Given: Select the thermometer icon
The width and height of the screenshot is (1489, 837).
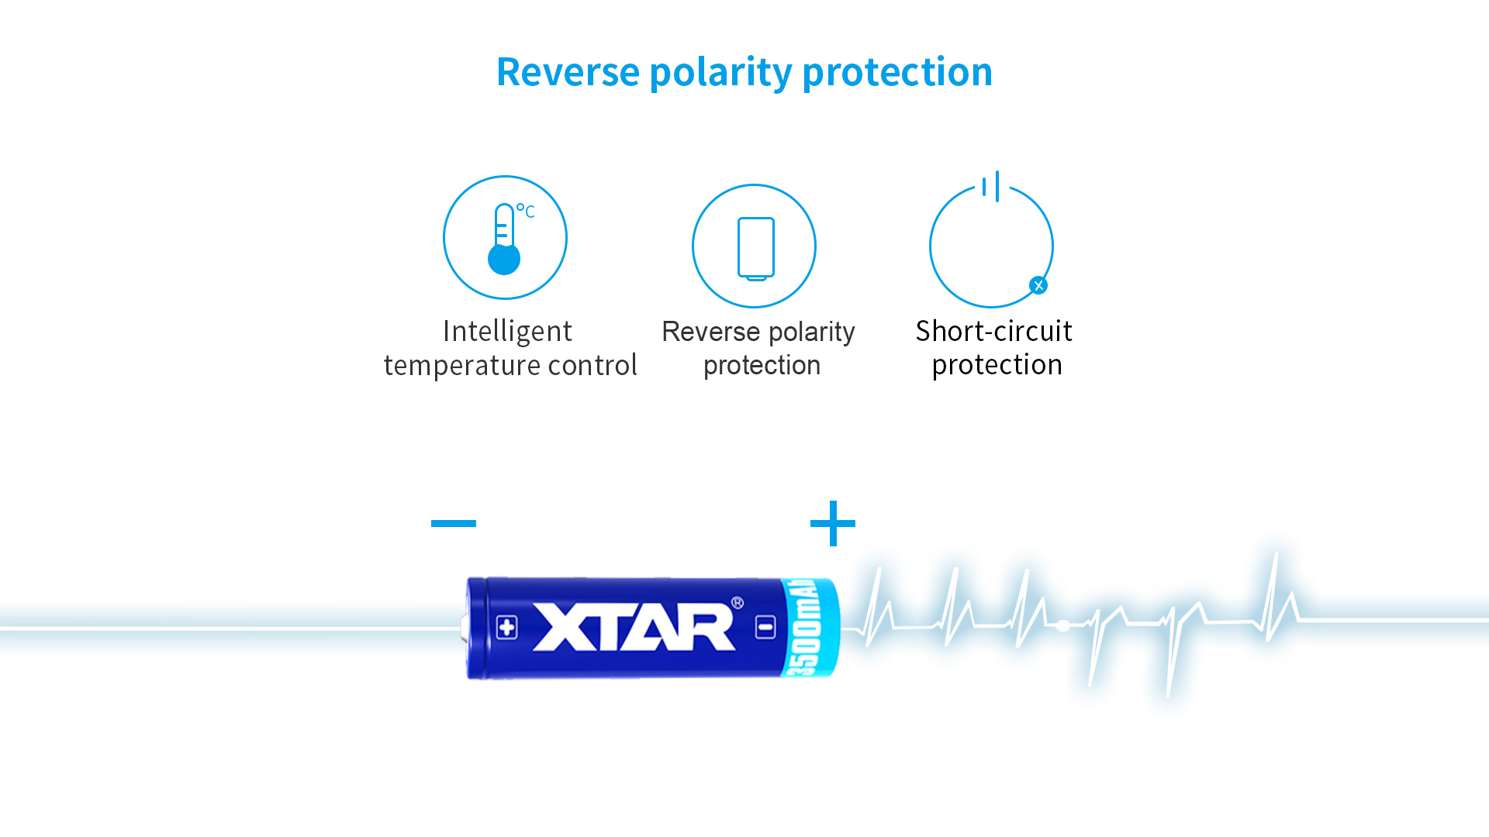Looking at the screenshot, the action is coord(504,239).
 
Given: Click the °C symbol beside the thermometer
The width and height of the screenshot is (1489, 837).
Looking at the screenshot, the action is coord(526,211).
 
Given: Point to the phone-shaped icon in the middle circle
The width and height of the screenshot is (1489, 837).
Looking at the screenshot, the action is coord(756,249).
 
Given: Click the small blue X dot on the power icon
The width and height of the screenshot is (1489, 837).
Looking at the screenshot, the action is coord(1038,285).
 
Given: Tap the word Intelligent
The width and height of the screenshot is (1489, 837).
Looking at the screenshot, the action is coord(507,332).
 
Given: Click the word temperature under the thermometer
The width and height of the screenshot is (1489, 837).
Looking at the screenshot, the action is coord(462,366).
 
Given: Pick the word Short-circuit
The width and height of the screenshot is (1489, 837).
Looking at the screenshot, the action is coord(994,331).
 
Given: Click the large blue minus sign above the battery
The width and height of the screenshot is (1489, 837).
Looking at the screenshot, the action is coord(454,523).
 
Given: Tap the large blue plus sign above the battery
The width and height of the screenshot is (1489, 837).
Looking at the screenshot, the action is coord(833,523).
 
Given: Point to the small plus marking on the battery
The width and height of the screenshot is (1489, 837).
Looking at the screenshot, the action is coord(507,627).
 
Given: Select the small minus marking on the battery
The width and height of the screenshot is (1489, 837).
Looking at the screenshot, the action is coord(765,627).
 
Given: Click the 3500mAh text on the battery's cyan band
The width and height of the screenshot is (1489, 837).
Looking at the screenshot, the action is coord(806,627).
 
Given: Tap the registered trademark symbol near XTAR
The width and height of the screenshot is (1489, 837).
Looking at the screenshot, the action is coord(738,603).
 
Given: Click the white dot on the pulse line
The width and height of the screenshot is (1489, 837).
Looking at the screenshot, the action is coord(1063,625).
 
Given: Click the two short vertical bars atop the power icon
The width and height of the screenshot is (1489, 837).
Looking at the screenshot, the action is coord(990,187).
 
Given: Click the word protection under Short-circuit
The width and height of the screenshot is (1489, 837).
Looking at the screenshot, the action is coord(997,365).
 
